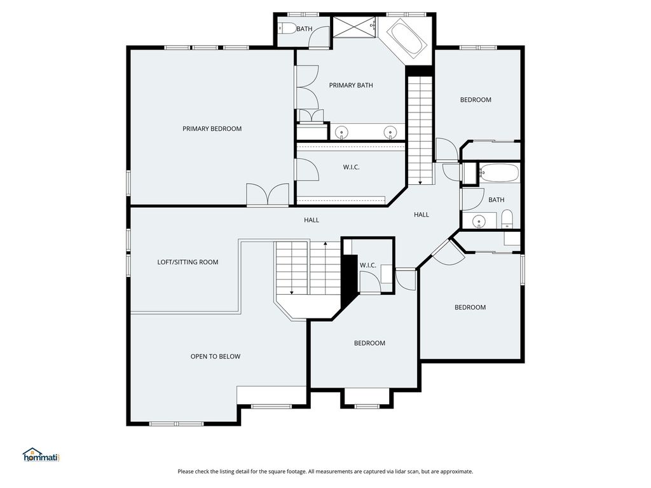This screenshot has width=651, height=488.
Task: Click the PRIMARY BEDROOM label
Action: click(x=212, y=128)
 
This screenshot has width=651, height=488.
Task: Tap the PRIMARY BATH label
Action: click(x=351, y=85)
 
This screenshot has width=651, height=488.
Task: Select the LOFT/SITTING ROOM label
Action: click(x=188, y=262)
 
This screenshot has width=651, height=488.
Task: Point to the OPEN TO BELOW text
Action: click(x=215, y=356)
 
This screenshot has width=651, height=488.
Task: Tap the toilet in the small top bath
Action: click(x=287, y=28)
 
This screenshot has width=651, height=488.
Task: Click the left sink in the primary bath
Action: click(x=341, y=132)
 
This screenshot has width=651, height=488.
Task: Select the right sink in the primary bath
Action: click(x=390, y=132)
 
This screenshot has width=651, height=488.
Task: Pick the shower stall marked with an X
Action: click(x=353, y=27)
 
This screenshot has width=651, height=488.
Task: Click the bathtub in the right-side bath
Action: click(x=498, y=173)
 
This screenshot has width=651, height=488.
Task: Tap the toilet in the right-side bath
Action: click(x=507, y=219)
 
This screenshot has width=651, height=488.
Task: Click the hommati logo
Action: click(x=42, y=455)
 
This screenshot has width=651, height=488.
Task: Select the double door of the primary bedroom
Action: click(x=268, y=194)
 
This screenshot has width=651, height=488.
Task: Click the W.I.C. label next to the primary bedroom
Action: click(x=351, y=167)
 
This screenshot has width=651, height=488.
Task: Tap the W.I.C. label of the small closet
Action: click(x=368, y=265)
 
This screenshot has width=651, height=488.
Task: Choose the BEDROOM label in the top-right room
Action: click(x=476, y=100)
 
